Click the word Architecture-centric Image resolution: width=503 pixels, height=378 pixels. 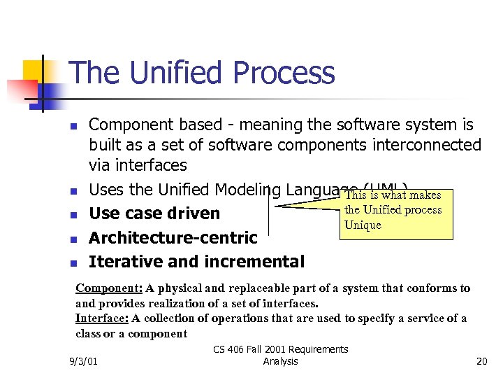[173, 238]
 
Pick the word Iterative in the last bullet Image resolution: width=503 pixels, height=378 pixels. [124, 262]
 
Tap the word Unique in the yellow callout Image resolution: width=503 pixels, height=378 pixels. [363, 225]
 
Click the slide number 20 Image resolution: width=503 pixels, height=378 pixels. [481, 361]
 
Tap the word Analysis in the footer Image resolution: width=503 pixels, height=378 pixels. [281, 361]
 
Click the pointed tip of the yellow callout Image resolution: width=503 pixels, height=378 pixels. [278, 204]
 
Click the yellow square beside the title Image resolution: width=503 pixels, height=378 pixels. [35, 72]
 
